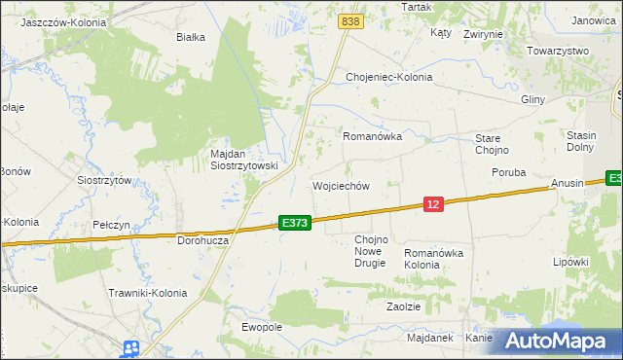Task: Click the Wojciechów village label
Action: click(341, 186)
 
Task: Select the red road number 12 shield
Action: click(434, 203)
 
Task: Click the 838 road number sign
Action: click(351, 20)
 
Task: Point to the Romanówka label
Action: click(372, 137)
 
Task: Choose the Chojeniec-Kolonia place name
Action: click(389, 77)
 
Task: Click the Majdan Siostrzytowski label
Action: click(244, 160)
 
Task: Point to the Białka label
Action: click(190, 38)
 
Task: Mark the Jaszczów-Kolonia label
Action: click(63, 20)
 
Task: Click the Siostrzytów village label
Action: click(104, 180)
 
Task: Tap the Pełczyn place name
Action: click(111, 225)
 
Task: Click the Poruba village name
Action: click(508, 172)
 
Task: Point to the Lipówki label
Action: click(571, 262)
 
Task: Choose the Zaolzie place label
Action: click(403, 306)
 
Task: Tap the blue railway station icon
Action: click(131, 348)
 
